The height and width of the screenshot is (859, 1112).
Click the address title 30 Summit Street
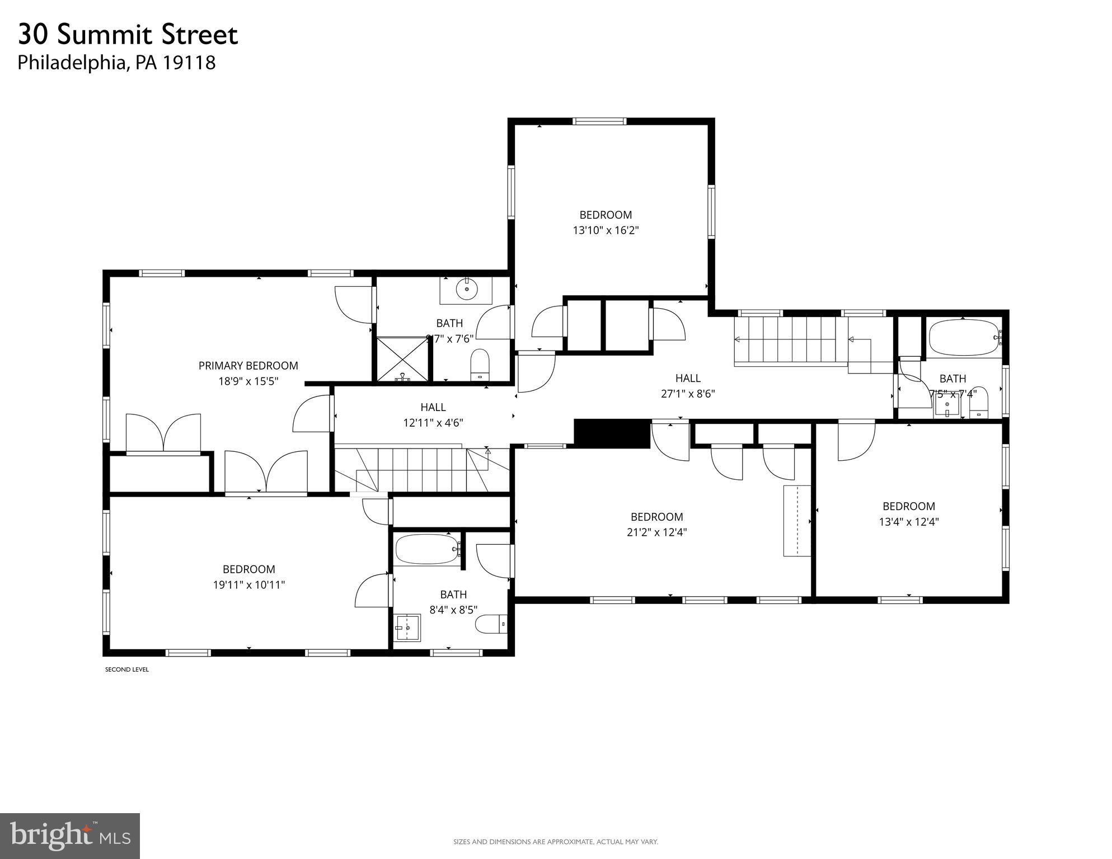(128, 35)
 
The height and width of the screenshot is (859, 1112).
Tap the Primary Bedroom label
(248, 366)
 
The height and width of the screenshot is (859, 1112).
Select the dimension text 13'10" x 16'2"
(606, 230)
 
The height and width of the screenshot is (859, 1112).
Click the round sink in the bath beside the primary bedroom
(466, 290)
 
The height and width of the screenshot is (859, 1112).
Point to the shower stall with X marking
(402, 358)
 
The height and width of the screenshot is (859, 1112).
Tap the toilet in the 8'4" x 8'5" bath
(491, 624)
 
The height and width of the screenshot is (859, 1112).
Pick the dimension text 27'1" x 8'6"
(688, 394)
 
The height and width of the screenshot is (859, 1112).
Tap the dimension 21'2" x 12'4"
(656, 532)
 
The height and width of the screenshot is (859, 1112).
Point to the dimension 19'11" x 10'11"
(248, 585)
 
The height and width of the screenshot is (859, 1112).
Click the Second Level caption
(127, 669)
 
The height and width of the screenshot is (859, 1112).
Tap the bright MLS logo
(70, 836)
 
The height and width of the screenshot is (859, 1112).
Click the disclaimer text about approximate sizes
(555, 842)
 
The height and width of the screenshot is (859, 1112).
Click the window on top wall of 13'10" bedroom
(599, 121)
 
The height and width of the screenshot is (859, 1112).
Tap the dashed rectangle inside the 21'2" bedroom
(796, 521)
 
